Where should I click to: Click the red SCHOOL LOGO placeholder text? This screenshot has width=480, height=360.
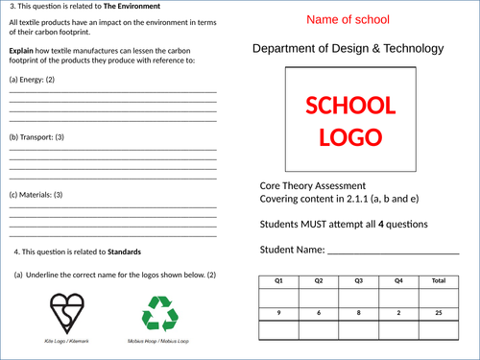pyautogui.click(x=348, y=120)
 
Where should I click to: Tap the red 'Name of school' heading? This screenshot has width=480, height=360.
pyautogui.click(x=348, y=19)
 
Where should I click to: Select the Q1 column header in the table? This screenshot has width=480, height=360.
pyautogui.click(x=279, y=281)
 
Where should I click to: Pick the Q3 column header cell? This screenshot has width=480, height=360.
pyautogui.click(x=359, y=281)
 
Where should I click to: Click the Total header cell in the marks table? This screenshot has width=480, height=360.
pyautogui.click(x=439, y=281)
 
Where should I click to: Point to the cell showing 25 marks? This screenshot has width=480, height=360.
pyautogui.click(x=439, y=313)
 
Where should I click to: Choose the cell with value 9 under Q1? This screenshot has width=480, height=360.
pyautogui.click(x=279, y=313)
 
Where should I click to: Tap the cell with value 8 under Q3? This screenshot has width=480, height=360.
pyautogui.click(x=359, y=313)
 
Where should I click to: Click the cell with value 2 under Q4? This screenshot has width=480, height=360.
pyautogui.click(x=398, y=313)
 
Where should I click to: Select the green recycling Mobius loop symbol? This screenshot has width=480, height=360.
pyautogui.click(x=159, y=313)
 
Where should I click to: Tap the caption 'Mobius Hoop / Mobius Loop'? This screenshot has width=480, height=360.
pyautogui.click(x=160, y=341)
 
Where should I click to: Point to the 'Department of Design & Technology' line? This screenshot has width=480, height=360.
pyautogui.click(x=348, y=48)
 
